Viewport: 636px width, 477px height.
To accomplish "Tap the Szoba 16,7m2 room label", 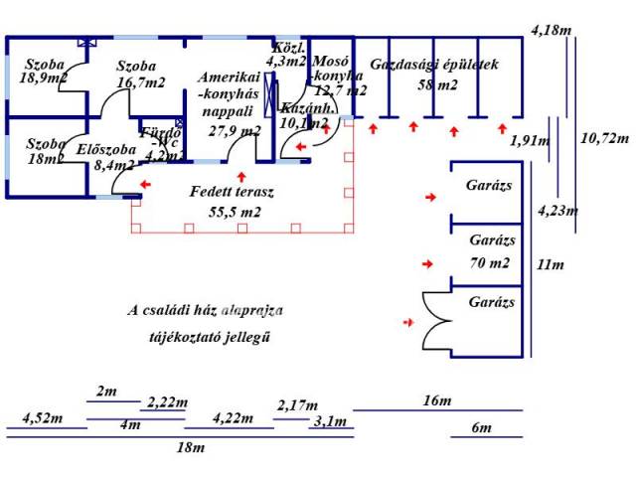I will [x=139, y=76].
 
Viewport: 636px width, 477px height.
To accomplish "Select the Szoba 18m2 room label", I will [x=46, y=150].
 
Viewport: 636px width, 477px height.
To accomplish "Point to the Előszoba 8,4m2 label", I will [x=105, y=159].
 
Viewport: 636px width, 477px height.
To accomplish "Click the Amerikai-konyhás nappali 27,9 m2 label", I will [x=230, y=103].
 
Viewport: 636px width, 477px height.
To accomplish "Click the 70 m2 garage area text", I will [x=491, y=263].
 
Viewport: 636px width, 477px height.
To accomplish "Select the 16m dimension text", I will [x=436, y=400].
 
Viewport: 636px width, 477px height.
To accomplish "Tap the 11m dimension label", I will [x=550, y=265].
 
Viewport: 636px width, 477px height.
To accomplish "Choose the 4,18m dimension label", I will [x=552, y=30].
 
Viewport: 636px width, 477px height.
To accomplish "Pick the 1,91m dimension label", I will [x=529, y=141].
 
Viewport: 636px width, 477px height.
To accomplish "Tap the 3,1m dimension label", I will [x=329, y=421].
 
